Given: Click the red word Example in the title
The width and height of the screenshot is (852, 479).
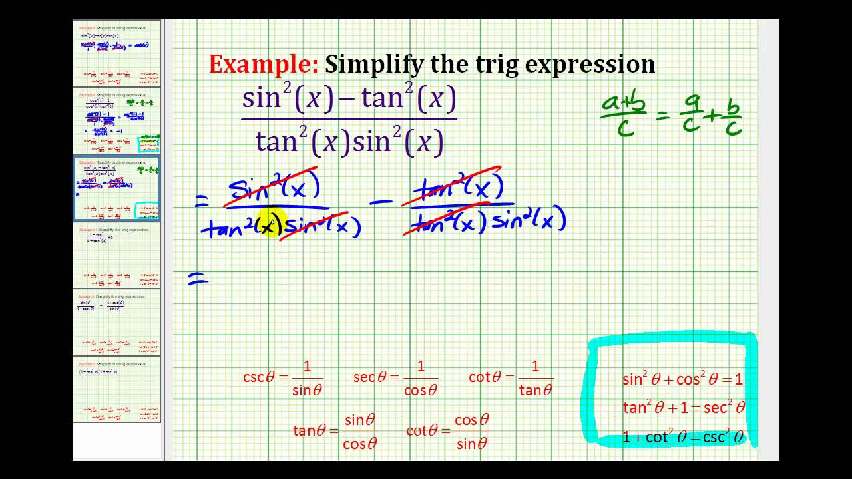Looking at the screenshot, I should tap(264, 65).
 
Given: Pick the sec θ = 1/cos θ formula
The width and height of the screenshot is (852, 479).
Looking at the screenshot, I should tap(396, 377).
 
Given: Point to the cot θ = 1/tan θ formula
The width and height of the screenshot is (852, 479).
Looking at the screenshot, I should tap(511, 377).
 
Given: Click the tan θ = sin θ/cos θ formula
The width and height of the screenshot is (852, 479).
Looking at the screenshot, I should tap(335, 430).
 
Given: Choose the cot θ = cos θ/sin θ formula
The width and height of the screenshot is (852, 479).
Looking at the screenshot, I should tap(448, 430).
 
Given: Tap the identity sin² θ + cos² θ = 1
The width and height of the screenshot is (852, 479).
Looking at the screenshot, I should tap(682, 379).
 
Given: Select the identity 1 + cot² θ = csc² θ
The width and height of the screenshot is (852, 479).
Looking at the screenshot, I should tap(682, 437).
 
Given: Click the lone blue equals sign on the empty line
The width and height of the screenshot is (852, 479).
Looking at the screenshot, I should tap(198, 281).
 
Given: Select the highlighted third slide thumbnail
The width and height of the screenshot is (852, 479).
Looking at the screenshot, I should tap(116, 188).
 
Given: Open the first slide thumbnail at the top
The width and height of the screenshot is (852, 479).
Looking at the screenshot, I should tap(116, 53).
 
